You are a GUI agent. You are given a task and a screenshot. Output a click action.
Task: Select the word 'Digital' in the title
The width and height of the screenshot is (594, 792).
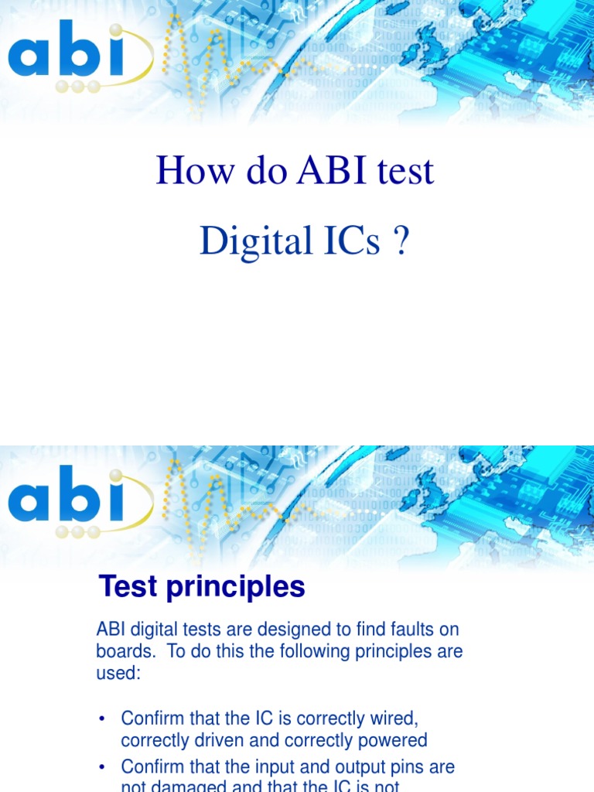click(x=246, y=242)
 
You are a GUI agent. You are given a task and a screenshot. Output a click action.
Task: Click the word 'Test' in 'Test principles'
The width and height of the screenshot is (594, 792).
click(x=129, y=588)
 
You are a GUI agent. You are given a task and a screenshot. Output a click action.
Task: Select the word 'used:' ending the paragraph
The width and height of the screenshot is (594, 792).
click(x=118, y=672)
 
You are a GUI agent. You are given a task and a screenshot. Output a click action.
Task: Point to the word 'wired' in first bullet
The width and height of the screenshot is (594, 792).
click(x=391, y=719)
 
